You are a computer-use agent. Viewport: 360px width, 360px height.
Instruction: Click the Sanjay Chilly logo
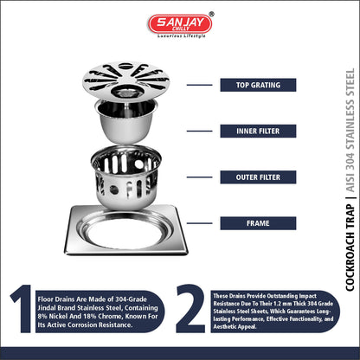[x=180, y=24]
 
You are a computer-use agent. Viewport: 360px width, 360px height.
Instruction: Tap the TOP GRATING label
[x=258, y=85]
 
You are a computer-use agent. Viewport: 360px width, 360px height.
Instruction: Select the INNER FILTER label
[x=258, y=132]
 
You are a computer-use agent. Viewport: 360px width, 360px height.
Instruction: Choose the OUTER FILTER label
[x=258, y=177]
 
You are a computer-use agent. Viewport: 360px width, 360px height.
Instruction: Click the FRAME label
[x=258, y=223]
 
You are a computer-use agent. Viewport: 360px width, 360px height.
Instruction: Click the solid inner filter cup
[x=126, y=121]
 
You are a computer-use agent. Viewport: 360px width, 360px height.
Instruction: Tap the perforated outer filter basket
[x=125, y=177]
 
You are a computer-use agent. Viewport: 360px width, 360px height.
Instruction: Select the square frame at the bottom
[x=126, y=231]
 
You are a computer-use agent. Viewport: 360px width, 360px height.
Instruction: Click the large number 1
[x=22, y=309]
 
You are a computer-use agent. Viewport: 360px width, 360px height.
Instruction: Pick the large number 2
[x=190, y=309]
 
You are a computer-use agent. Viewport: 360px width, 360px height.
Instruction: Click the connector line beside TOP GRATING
[x=199, y=85]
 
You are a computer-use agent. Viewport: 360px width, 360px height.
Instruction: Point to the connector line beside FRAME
[x=199, y=223]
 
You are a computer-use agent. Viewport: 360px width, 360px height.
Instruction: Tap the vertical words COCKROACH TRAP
[x=350, y=247]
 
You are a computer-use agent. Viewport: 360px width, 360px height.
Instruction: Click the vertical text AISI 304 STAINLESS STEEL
[x=350, y=130]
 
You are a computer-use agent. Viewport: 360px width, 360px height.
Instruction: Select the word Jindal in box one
[x=47, y=308]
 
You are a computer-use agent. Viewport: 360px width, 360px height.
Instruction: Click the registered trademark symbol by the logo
[x=211, y=14]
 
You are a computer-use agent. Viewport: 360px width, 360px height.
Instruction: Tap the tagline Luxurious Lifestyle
[x=181, y=36]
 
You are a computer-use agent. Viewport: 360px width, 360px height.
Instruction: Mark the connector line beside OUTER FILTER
[x=199, y=177]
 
